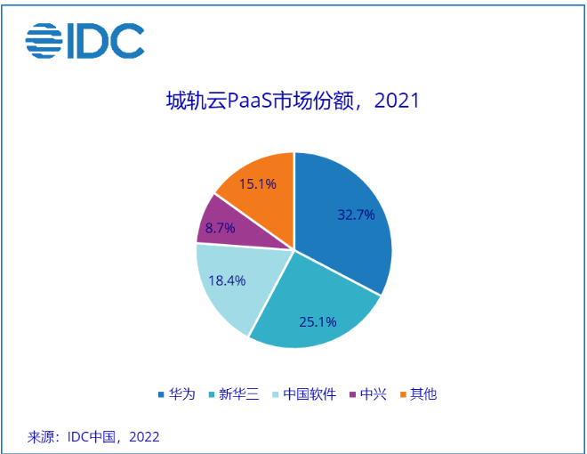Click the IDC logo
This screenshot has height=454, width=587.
84,40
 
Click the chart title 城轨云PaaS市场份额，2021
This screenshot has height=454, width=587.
293,101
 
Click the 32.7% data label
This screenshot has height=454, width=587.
357,215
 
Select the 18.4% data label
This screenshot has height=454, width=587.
227,280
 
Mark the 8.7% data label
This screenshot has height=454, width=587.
220,229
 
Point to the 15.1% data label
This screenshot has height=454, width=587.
257,184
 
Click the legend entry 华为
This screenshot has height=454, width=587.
181,394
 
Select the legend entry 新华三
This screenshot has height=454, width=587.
239,394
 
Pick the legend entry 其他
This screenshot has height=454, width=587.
423,394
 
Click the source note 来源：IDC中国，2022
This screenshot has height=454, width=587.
93,437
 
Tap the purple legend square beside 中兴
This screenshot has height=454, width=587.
353,394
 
